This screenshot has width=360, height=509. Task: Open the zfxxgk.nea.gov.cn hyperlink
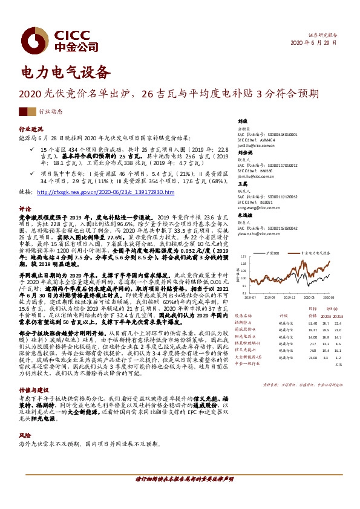click(x=105, y=192)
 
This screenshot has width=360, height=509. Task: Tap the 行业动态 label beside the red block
click(x=51, y=112)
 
